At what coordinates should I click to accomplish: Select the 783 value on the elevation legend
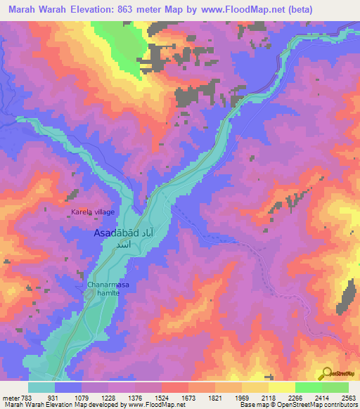point(28,398)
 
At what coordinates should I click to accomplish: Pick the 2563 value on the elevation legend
point(348,398)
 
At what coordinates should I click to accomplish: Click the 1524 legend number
point(161,398)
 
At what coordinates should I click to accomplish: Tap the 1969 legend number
point(241,398)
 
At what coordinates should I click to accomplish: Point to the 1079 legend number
point(82,398)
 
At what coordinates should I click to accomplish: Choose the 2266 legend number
point(295,398)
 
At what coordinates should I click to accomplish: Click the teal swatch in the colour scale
point(41,387)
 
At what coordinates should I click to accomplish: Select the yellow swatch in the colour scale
point(281,387)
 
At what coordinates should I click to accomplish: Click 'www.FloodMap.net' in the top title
point(236,9)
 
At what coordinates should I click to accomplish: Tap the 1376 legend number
point(134,398)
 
